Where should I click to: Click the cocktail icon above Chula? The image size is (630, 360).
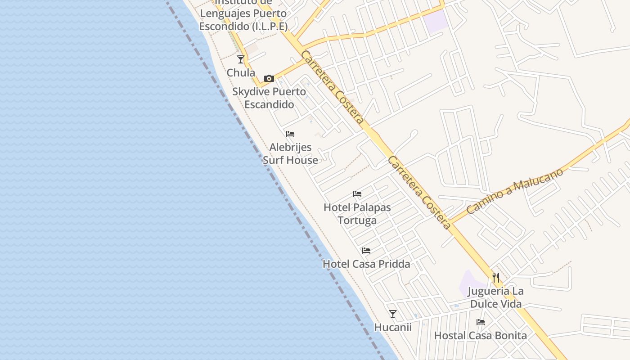(241, 59)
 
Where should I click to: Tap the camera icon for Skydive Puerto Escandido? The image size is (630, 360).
(269, 79)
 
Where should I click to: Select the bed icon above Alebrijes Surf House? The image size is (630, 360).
(290, 134)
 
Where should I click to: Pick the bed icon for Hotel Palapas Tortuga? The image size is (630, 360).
(357, 194)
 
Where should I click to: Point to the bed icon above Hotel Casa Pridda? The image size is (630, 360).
(366, 251)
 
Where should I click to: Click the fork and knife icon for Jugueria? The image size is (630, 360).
(496, 278)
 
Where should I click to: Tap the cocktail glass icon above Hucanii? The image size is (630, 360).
(393, 314)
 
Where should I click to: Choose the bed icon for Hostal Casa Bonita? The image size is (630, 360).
(481, 322)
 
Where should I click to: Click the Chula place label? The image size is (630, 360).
(241, 73)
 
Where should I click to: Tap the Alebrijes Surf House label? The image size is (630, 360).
(290, 154)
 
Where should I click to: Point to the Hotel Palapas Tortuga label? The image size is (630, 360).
(357, 214)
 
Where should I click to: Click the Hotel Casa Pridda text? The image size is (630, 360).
(366, 264)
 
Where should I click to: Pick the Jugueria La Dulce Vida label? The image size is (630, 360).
(496, 297)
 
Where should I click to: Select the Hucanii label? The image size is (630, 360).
(393, 327)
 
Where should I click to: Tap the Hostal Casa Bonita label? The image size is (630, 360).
(481, 336)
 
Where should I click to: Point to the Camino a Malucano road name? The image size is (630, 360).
(515, 191)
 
